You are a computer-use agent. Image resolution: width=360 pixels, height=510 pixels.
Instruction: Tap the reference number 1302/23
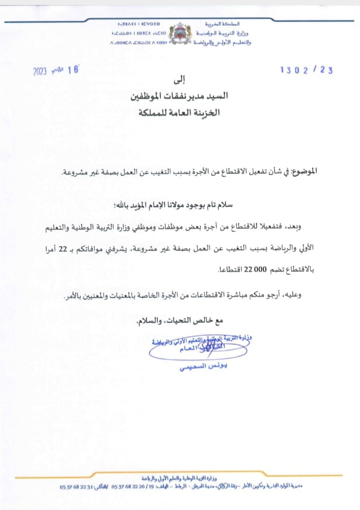click(x=306, y=70)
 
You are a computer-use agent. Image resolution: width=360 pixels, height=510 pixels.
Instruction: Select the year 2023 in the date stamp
click(x=40, y=71)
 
